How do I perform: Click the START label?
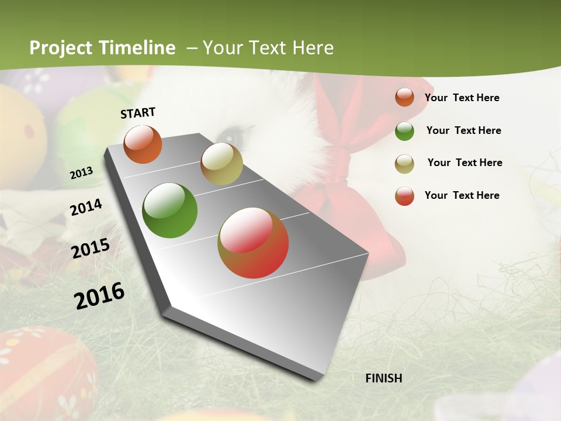[138, 113]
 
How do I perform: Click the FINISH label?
[383, 378]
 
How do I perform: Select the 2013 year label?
[81, 172]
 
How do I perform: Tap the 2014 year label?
[86, 207]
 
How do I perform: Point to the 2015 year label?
[90, 249]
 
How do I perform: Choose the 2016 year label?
[99, 295]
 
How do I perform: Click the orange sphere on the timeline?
[143, 144]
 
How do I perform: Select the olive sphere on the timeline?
[221, 164]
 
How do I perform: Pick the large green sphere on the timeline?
[170, 210]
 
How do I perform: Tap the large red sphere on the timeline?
[253, 243]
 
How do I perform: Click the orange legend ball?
[404, 98]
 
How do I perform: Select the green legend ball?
[404, 131]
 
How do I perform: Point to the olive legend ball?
[404, 164]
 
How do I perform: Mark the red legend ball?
[404, 196]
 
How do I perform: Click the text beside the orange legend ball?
[462, 98]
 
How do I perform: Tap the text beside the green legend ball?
[463, 130]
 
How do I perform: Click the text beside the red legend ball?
[462, 195]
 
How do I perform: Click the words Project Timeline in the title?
[102, 48]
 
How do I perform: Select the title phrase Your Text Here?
[268, 48]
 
